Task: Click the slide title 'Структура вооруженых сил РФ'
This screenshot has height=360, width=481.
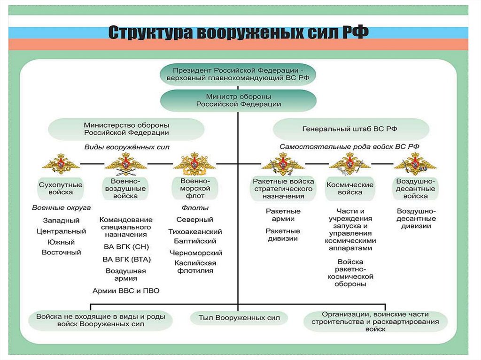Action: click(239, 33)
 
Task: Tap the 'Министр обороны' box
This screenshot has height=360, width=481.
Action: click(238, 100)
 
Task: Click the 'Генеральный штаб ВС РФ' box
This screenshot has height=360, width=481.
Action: click(351, 129)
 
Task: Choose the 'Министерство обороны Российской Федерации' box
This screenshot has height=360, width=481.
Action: click(126, 129)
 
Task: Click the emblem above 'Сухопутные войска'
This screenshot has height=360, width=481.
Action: click(60, 164)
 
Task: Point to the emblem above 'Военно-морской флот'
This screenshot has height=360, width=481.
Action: click(194, 164)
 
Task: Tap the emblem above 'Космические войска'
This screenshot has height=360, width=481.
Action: click(349, 164)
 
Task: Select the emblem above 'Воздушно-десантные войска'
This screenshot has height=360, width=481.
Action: click(415, 164)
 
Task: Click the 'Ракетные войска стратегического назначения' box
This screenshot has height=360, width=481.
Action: click(283, 189)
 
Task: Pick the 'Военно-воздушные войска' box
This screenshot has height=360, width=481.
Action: click(125, 188)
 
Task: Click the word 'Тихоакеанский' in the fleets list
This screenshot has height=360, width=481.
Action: click(195, 231)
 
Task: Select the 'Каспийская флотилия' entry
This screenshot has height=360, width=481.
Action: click(195, 267)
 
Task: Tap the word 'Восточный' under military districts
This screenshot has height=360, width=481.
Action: click(61, 252)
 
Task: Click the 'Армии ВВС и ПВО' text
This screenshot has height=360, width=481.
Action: click(125, 291)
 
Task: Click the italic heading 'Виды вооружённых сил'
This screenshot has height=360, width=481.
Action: click(127, 147)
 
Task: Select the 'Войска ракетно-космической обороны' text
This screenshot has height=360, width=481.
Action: click(350, 273)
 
